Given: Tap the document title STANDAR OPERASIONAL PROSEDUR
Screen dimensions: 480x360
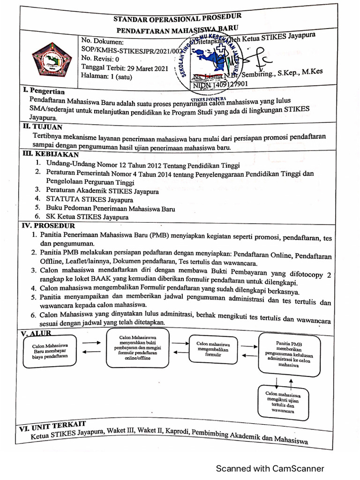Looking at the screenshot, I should click(178, 19).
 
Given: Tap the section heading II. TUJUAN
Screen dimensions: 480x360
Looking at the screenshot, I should click(42, 127).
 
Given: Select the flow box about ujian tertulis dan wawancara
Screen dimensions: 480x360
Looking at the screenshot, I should click(283, 402).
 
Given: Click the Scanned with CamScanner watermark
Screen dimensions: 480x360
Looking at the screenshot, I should click(270, 468).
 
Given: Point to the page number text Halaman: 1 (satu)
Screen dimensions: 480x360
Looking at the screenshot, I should click(106, 76).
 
